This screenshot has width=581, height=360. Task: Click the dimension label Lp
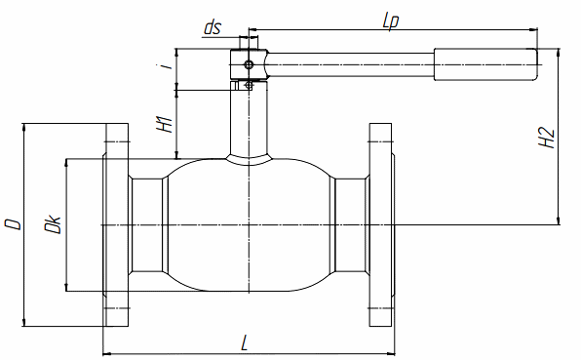391,21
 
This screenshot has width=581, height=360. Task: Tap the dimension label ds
213,27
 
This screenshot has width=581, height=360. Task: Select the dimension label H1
165,124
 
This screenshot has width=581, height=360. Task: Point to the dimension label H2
546,138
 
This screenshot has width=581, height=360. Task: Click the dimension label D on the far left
13,224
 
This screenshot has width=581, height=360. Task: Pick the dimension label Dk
53,223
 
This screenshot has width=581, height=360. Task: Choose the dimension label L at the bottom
244,342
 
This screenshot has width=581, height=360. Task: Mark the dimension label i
169,66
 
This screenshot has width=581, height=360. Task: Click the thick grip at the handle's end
485,64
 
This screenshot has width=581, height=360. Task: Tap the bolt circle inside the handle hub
249,65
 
